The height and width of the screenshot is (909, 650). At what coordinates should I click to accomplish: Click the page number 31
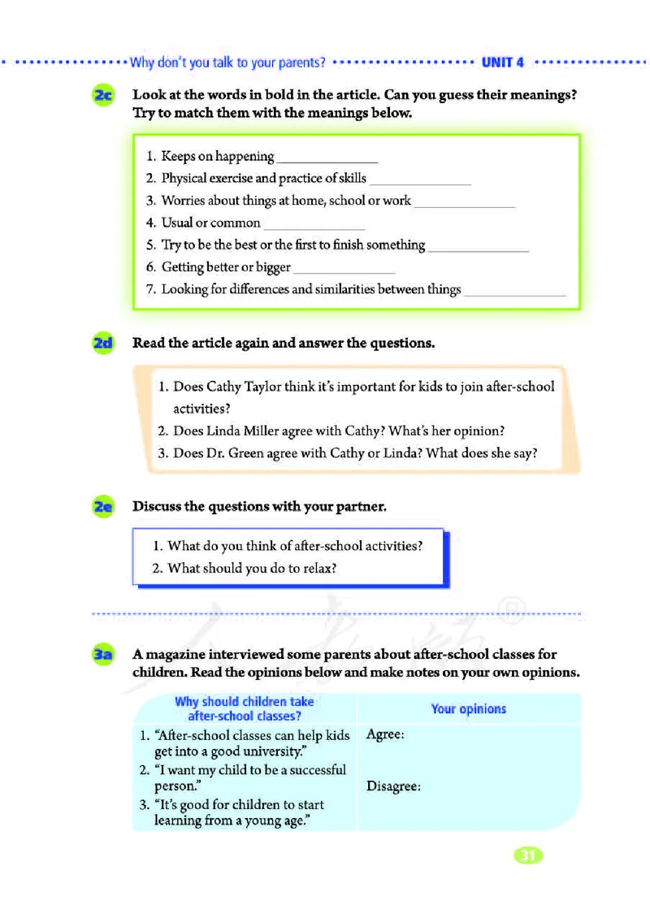coord(527,855)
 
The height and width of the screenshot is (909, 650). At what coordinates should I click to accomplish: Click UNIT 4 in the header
coord(503,62)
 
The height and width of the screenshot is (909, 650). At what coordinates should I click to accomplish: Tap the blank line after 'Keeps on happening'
coord(327,158)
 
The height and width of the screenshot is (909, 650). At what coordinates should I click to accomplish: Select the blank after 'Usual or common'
coord(314,224)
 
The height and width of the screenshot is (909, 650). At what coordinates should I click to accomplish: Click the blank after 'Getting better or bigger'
coord(344,269)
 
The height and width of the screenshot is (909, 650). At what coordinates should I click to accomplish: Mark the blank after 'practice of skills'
coord(420,180)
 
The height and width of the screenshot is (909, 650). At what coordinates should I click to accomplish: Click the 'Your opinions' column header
coord(469,709)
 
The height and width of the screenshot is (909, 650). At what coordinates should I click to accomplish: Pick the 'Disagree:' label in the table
coord(393,786)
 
